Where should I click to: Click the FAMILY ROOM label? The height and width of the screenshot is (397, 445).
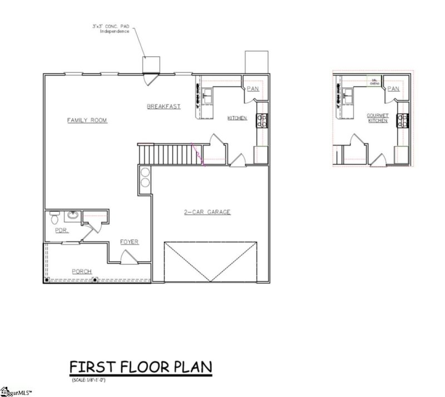87,120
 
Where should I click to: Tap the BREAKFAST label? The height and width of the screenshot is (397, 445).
164,106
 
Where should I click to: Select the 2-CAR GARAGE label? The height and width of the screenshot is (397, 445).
207,212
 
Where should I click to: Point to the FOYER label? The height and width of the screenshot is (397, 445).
129,242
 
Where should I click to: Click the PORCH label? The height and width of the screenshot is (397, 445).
82,271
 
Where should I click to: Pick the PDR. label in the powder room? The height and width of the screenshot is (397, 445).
61,230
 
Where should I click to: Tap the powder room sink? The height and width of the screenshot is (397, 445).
73,215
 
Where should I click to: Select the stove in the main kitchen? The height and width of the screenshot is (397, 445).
261,120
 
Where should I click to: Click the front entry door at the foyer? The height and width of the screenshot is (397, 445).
128,257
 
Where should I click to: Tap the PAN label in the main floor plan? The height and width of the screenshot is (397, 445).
253,88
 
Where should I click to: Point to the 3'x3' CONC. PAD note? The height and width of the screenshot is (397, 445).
111,28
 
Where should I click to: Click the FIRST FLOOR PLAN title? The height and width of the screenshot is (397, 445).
140,368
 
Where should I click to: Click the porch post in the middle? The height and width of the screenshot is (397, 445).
95,279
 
